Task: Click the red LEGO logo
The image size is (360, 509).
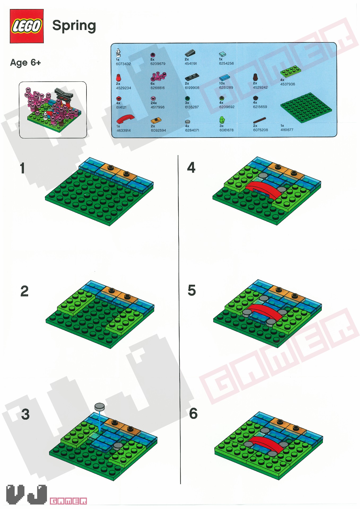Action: point(27,26)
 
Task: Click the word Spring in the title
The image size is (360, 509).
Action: point(74,26)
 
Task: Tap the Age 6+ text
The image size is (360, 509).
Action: point(25,63)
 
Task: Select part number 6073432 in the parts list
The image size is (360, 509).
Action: point(123,64)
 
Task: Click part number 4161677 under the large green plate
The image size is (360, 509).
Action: point(287,130)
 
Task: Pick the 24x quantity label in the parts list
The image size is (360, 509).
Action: point(154,103)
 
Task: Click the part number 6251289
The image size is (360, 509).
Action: point(226,87)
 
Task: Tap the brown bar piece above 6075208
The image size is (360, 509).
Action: point(259,120)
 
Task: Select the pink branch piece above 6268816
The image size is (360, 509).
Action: point(158,76)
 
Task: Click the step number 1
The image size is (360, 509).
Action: point(23,168)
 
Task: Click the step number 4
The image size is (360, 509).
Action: point(191,168)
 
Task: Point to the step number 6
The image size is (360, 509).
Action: point(193,413)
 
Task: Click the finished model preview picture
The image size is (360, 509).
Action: point(53,110)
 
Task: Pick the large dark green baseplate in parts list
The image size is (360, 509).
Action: point(306,107)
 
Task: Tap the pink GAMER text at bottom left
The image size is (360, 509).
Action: point(68,501)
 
